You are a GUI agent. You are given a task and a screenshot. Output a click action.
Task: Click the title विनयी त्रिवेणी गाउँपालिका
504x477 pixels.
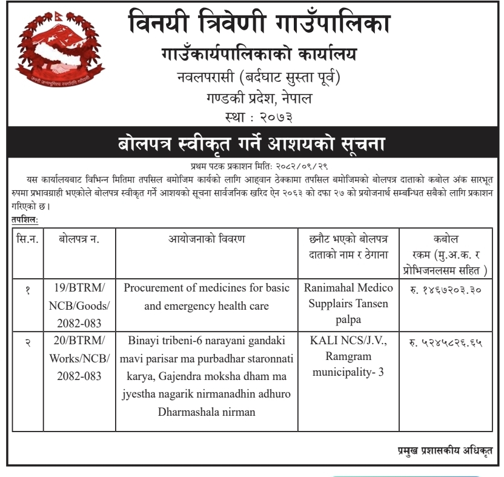click(x=259, y=24)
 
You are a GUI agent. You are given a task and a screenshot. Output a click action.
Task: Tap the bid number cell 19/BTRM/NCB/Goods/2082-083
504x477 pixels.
click(x=79, y=305)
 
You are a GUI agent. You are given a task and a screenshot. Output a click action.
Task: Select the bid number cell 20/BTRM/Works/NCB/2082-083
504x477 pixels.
click(x=79, y=358)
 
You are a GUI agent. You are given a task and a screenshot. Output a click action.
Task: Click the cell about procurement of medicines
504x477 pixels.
click(x=207, y=297)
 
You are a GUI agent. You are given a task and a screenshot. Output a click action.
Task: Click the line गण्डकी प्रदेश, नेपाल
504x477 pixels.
click(x=259, y=97)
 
